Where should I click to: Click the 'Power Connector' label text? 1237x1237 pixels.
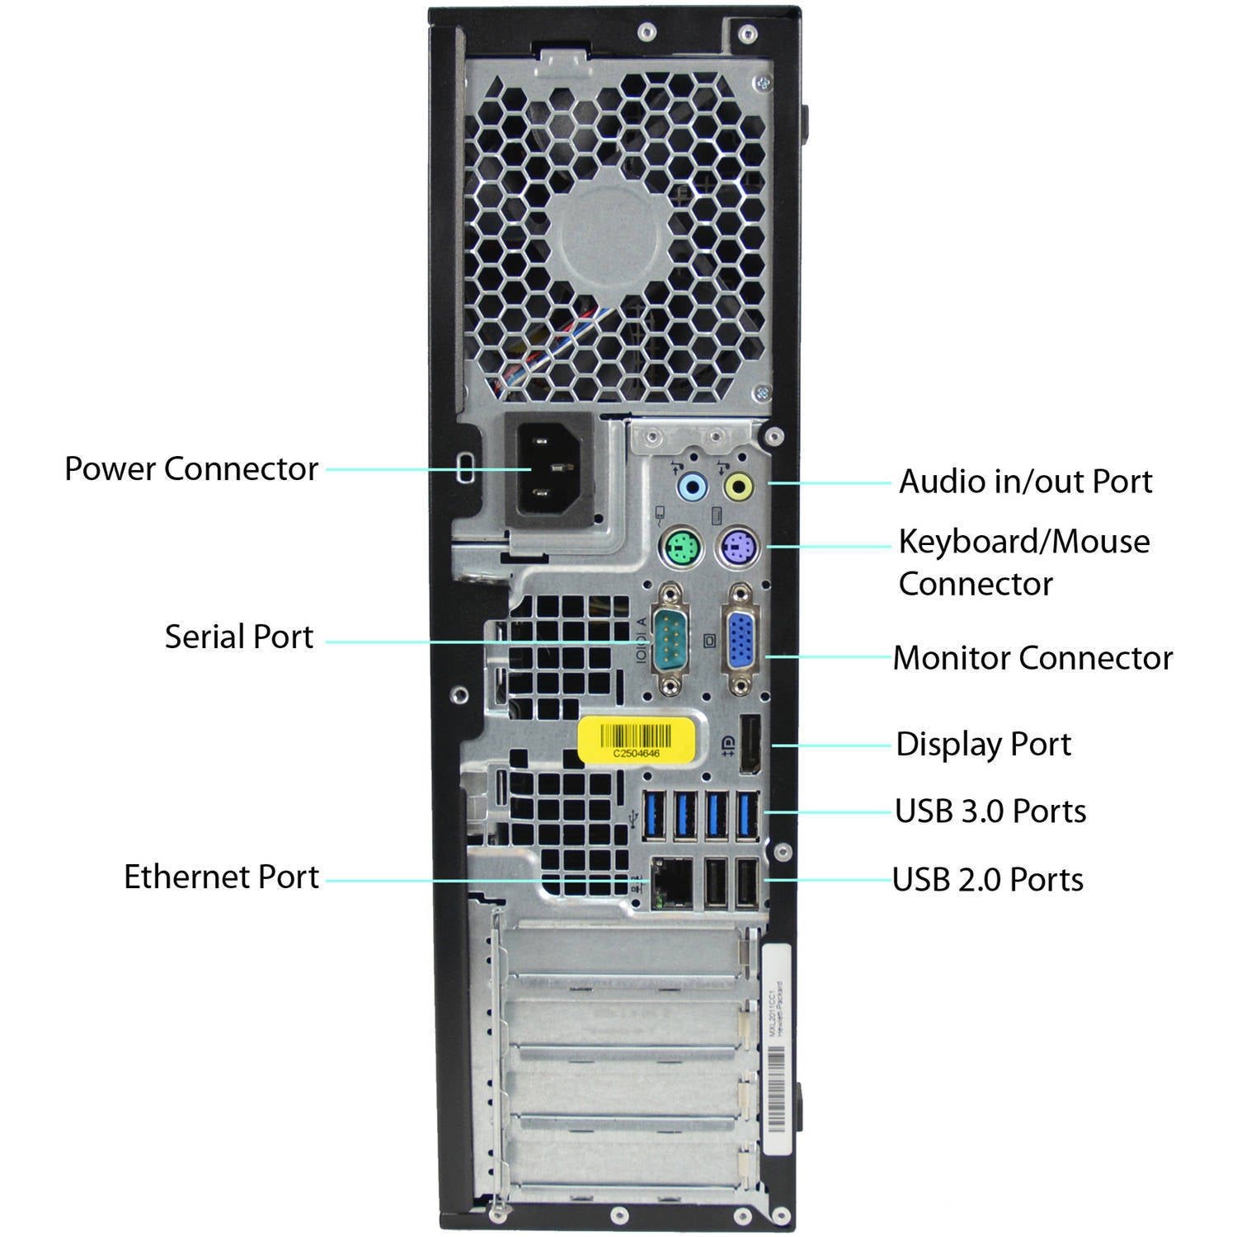[x=190, y=468]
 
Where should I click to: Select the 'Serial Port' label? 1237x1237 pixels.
[x=238, y=637]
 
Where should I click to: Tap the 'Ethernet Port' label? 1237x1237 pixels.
[x=221, y=877]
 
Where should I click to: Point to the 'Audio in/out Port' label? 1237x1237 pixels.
[x=1025, y=482]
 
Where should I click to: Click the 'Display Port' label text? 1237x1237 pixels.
[x=983, y=744]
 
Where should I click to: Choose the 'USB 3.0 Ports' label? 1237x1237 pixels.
[x=990, y=811]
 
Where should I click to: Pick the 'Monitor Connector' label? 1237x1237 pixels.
[x=1032, y=658]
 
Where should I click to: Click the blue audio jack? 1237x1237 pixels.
[x=692, y=487]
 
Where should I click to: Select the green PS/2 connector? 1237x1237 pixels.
[x=680, y=547]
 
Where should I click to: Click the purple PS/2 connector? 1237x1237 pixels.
[x=737, y=547]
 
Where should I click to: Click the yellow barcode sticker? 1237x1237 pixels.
[x=636, y=740]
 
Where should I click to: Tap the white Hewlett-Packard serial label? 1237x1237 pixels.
[x=776, y=1050]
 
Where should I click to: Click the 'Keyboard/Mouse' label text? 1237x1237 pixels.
[x=1023, y=542]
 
